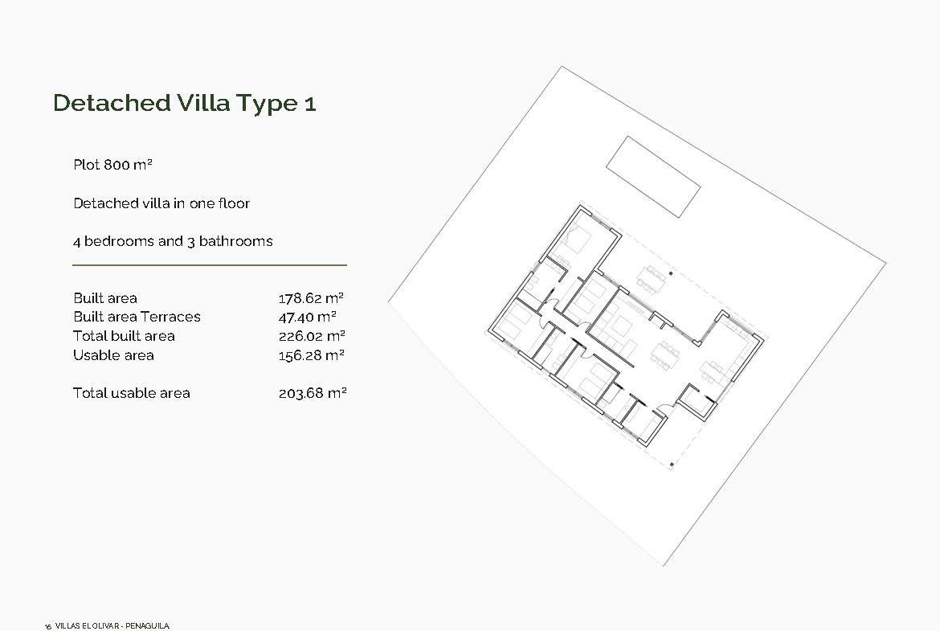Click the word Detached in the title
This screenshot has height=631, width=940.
112,103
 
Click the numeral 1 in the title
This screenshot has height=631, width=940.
310,104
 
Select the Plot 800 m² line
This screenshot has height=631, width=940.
112,164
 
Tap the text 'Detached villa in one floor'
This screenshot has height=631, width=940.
161,203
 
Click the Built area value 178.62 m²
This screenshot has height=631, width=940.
311,298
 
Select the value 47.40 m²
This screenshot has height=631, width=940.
308,317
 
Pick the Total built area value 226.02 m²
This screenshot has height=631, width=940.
312,336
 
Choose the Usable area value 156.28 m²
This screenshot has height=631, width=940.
311,355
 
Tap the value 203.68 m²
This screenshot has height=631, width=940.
313,394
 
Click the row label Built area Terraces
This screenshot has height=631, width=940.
137,317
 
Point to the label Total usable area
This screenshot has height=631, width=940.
131,394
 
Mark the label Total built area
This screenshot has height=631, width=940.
124,336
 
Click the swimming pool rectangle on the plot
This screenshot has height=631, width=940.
653,176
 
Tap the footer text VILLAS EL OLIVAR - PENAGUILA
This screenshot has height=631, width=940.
112,625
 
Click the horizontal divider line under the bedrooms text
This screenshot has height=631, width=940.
210,264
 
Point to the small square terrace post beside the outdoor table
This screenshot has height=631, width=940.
671,273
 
